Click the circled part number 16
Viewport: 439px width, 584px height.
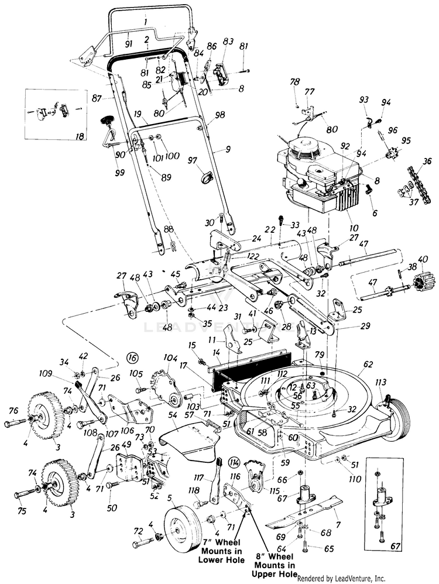coord(132,356)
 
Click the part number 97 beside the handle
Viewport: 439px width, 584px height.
coord(192,159)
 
